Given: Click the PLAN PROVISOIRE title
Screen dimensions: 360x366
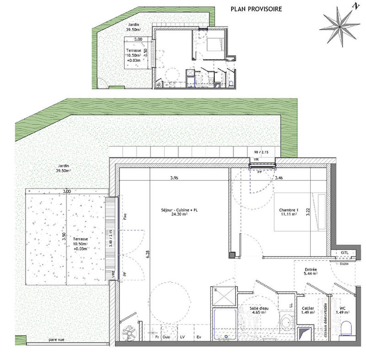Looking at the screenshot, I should click(x=256, y=9).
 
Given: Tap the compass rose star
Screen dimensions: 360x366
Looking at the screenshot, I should click(x=341, y=26).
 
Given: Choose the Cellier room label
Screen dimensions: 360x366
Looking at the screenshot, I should click(x=307, y=309).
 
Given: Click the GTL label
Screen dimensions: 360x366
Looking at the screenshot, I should click(x=345, y=253).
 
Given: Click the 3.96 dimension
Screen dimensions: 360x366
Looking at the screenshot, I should click(x=174, y=178).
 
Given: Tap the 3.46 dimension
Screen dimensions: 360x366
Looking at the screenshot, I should click(x=278, y=178).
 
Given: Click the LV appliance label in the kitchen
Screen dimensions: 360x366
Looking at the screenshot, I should click(x=183, y=338).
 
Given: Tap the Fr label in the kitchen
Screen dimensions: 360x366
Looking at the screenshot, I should click(x=156, y=338).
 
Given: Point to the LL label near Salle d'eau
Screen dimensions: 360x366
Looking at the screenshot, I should click(x=290, y=304).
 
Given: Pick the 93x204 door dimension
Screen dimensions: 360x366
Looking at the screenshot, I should click(x=344, y=264).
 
